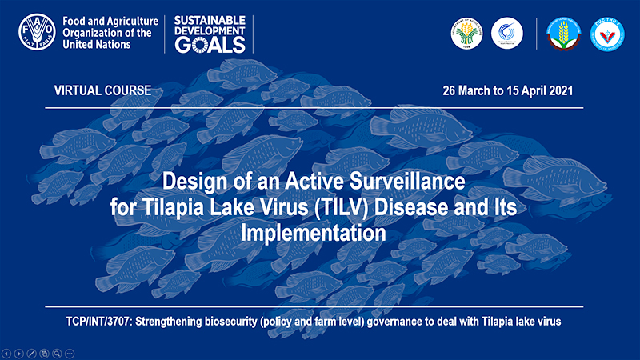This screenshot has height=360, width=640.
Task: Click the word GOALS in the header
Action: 206,44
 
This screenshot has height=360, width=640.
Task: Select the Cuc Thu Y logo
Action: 607,33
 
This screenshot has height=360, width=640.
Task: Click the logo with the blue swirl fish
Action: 507,33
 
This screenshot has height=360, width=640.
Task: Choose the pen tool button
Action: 31,353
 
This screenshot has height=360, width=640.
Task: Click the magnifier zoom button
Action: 57,353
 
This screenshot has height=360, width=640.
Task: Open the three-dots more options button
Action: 70,353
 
